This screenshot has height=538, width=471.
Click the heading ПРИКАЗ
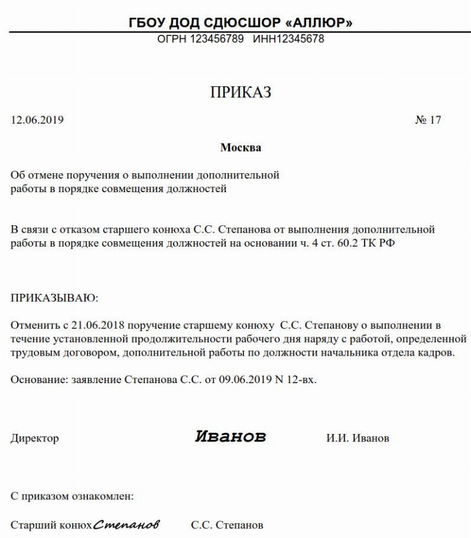point(240,92)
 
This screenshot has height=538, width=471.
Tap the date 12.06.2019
point(37,120)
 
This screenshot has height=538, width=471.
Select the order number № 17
point(428,120)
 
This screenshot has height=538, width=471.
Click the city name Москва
point(240,148)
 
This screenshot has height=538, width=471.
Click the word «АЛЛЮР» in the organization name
point(319,23)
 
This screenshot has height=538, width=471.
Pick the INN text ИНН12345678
point(288,39)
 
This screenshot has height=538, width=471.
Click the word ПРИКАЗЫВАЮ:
point(54,298)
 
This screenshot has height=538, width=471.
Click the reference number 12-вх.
point(302,380)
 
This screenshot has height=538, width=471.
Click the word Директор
point(35,438)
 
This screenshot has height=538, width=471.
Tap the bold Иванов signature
point(231,436)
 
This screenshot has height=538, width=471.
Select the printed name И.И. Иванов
point(358,438)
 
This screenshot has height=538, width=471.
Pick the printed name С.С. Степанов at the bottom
point(227,525)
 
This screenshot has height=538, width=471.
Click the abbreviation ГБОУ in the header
point(148,23)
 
